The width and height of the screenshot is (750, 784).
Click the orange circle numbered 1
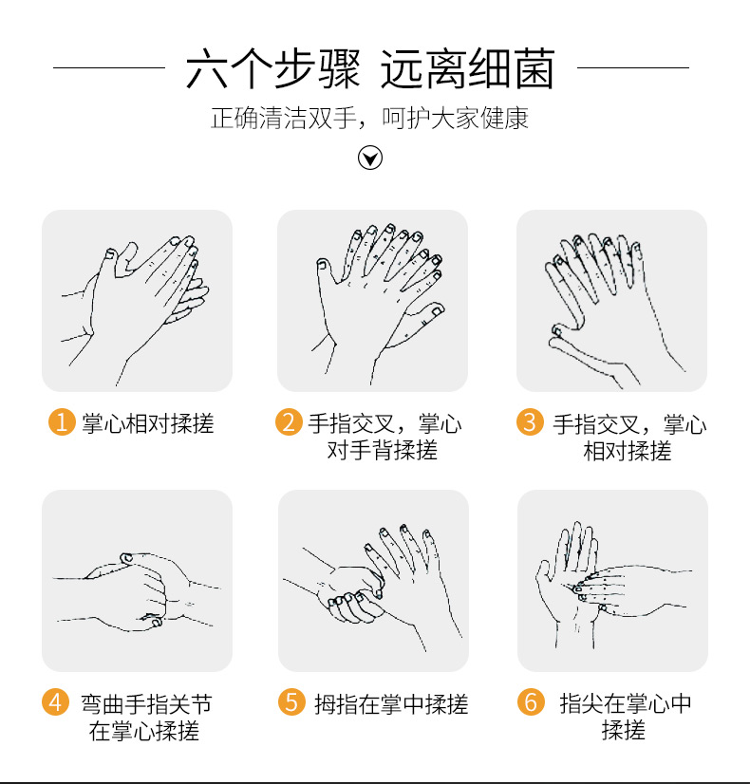(62, 422)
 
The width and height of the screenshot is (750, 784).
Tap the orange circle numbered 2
(289, 422)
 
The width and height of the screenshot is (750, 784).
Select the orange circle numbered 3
(530, 422)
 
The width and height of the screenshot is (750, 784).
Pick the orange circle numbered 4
(55, 701)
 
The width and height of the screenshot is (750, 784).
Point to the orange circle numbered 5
(291, 701)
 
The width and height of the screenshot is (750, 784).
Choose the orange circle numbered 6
(531, 701)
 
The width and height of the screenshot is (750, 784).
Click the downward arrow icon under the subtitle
(370, 158)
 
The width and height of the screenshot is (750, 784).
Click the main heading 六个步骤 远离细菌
(370, 68)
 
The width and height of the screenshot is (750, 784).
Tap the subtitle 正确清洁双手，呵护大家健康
(369, 119)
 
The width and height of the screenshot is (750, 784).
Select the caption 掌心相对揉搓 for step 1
(148, 423)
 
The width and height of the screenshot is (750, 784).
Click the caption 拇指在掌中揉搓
(391, 704)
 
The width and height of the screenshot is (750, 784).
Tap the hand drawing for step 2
(380, 304)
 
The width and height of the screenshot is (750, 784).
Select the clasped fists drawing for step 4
(137, 591)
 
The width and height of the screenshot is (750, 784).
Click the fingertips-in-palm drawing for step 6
(612, 584)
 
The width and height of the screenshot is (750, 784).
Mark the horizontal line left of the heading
(109, 67)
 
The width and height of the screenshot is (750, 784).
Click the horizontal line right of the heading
(633, 67)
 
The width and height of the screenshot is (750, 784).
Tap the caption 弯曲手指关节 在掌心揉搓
(146, 718)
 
